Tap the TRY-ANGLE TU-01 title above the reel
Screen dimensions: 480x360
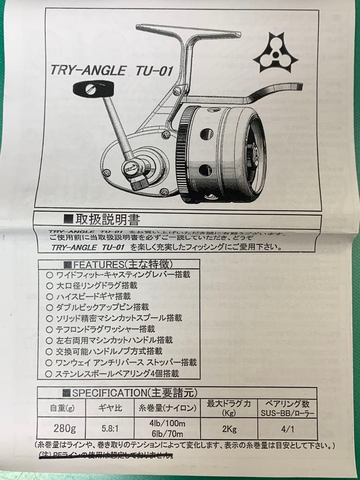coord(112,71)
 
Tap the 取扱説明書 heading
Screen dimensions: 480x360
coord(102,220)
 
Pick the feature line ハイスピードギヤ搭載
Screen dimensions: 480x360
coord(93,296)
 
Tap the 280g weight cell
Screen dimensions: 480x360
coord(64,428)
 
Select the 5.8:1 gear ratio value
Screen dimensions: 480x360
coord(109,429)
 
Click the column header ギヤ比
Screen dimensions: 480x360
coord(109,408)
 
